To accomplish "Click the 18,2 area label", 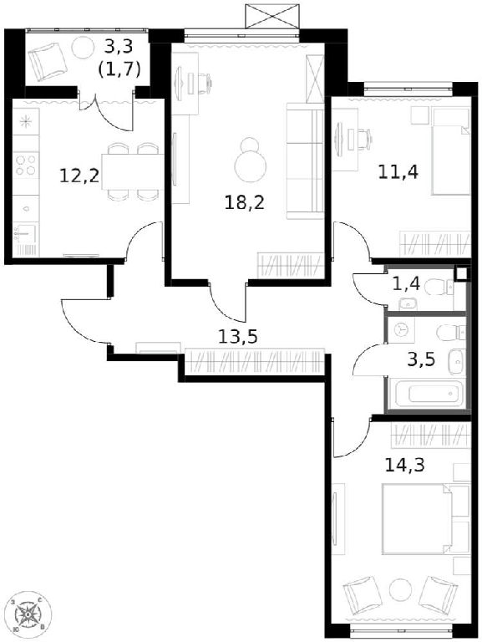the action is pyautogui.click(x=244, y=202).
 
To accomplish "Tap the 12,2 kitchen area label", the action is pyautogui.click(x=79, y=176).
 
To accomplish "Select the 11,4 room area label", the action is pyautogui.click(x=398, y=172).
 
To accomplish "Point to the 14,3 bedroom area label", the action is pyautogui.click(x=405, y=465).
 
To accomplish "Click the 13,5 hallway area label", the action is pyautogui.click(x=238, y=337).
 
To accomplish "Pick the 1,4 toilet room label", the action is pyautogui.click(x=406, y=283).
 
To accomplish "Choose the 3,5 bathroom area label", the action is pyautogui.click(x=422, y=360).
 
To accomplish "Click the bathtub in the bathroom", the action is pyautogui.click(x=425, y=394).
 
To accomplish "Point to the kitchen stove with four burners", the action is pyautogui.click(x=26, y=165).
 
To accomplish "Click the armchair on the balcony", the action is pyautogui.click(x=48, y=62).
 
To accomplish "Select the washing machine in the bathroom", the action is pyautogui.click(x=402, y=330).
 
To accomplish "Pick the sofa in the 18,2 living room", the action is pyautogui.click(x=305, y=160).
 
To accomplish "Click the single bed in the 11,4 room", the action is pyautogui.click(x=450, y=151).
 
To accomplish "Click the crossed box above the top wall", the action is pyautogui.click(x=272, y=16).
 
